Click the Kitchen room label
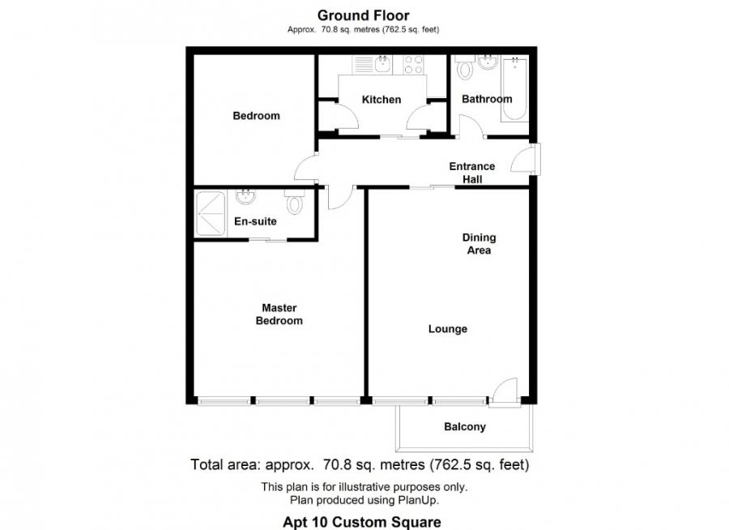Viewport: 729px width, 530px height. tap(381, 100)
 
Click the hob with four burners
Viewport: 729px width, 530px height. tap(412, 64)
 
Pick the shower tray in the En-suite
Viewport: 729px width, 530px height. tap(211, 213)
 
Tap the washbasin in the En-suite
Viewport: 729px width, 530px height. tap(245, 196)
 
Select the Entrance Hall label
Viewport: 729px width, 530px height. tap(472, 173)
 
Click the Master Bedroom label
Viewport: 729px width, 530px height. tap(279, 314)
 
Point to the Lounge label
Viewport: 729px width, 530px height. tap(448, 329)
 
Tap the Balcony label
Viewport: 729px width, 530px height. tap(465, 426)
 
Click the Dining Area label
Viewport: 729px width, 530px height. tap(479, 244)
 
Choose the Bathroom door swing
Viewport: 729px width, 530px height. tap(470, 126)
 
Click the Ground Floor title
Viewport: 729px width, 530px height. tap(363, 15)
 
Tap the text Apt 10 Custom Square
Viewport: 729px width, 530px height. tap(362, 523)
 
